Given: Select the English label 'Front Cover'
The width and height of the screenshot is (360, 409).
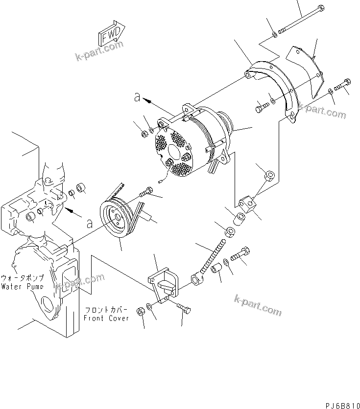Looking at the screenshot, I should (106, 318).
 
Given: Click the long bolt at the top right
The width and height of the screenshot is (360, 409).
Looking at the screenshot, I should (299, 21).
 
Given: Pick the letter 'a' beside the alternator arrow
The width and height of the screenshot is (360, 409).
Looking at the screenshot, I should (138, 98).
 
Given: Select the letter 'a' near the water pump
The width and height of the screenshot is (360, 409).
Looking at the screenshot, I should (89, 224).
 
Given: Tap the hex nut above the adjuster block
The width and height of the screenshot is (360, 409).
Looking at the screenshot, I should (268, 174).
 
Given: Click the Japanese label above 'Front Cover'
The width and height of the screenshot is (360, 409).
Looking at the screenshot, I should (106, 310).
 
